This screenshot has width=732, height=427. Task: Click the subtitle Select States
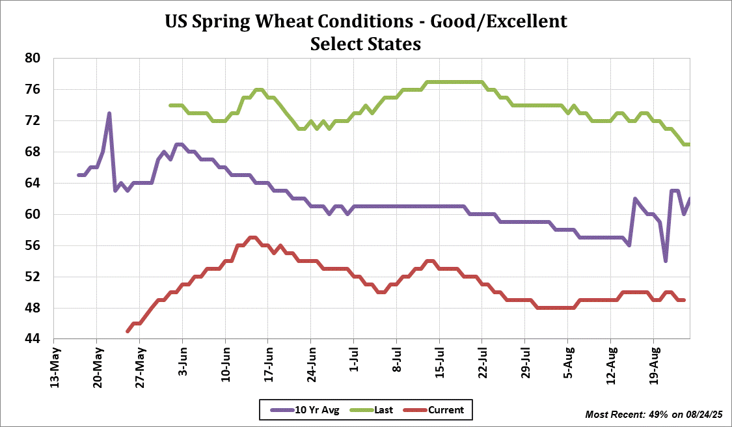click(366, 44)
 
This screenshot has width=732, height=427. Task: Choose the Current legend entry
click(446, 410)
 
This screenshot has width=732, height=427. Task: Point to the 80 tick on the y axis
click(33, 58)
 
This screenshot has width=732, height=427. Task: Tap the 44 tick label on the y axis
click(33, 339)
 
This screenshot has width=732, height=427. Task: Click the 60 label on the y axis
click(33, 214)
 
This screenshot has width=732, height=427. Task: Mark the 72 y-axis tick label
click(33, 120)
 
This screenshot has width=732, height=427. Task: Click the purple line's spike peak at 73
click(109, 113)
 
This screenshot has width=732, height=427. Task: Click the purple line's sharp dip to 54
click(665, 260)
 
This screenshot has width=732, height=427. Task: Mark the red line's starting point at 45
click(128, 331)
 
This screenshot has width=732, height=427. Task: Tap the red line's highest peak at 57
click(252, 238)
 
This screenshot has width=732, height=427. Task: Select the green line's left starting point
click(170, 105)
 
